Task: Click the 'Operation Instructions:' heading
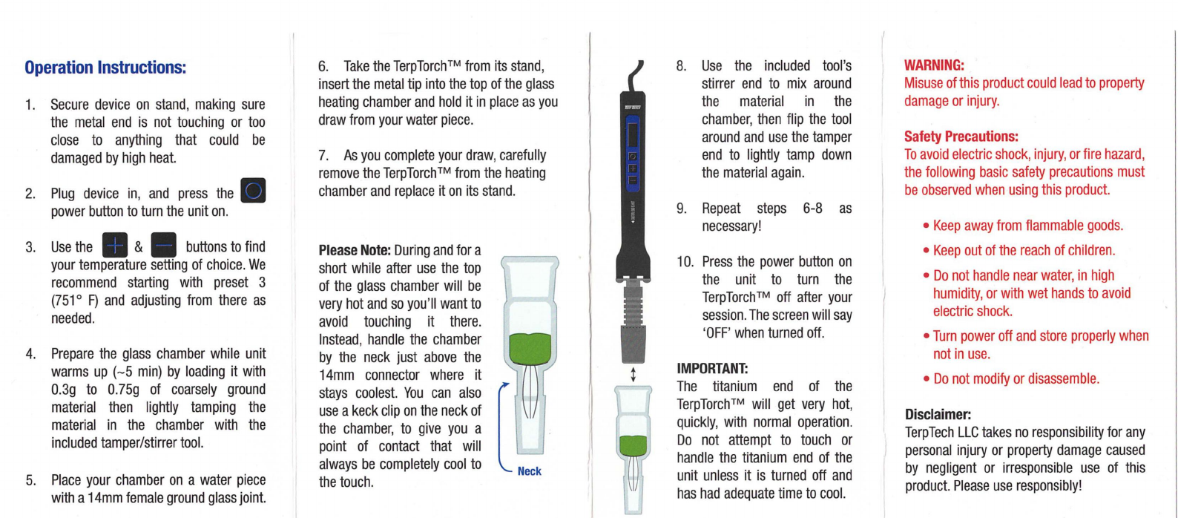point(105,68)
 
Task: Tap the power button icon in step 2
point(253,191)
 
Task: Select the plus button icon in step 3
point(115,245)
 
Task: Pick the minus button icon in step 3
point(163,245)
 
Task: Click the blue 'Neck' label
point(529,471)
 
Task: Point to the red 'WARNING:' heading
point(934,65)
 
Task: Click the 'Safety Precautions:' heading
point(961,137)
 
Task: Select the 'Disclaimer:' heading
point(938,414)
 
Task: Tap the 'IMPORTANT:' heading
point(712,368)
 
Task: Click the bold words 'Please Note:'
point(355,250)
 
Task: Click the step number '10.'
point(685,262)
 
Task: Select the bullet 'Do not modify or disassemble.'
point(1011,378)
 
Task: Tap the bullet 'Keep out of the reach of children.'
point(1019,250)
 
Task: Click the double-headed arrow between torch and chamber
point(634,375)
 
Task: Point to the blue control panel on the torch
point(633,153)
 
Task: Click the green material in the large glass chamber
point(530,348)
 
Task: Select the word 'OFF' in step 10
point(718,333)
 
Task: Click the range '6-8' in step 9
point(812,209)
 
